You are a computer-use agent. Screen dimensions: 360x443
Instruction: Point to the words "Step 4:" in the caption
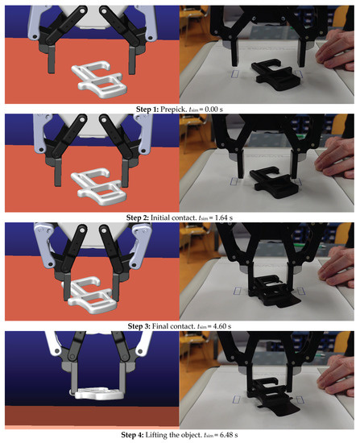(132, 435)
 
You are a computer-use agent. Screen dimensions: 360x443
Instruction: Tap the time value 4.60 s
(222, 326)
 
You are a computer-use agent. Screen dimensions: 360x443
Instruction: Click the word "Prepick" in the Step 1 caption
(172, 110)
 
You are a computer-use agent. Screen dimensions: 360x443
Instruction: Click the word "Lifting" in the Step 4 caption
(156, 435)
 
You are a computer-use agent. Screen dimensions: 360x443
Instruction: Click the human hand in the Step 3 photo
(337, 270)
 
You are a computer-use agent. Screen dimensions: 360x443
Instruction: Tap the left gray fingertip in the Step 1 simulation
(51, 60)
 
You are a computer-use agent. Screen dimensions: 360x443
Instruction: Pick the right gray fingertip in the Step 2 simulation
(125, 172)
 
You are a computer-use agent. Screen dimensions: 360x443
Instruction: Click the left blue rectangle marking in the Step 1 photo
(235, 74)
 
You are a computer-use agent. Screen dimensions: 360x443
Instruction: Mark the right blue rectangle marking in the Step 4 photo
(300, 400)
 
